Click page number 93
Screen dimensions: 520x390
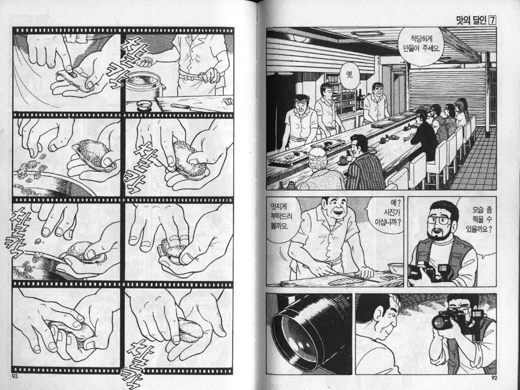point(15,376)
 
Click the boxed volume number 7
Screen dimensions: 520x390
point(492,20)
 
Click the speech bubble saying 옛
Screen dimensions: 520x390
point(350,75)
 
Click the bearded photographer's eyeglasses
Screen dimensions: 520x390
point(438,220)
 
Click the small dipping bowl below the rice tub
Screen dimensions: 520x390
point(144,105)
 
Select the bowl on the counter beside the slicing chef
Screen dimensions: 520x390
point(395,268)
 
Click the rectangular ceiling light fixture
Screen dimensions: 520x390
point(367,33)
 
